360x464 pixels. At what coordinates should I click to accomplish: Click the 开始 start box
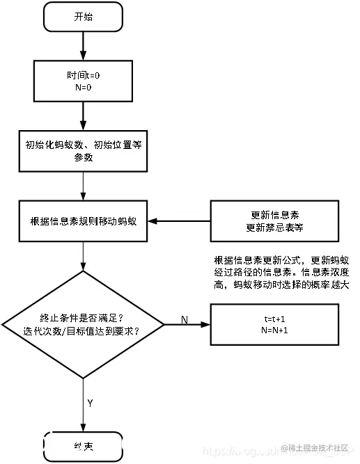(x=83, y=18)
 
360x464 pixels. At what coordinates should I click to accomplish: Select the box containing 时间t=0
(x=83, y=79)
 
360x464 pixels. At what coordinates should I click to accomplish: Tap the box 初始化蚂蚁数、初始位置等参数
(x=83, y=151)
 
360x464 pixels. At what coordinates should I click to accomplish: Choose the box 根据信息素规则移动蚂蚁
(x=83, y=221)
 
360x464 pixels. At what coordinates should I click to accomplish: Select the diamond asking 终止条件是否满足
(x=83, y=324)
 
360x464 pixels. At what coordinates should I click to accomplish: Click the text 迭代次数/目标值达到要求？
(x=83, y=331)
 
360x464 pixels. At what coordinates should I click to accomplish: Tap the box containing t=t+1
(x=275, y=323)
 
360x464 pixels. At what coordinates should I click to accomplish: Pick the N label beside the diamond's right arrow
(x=185, y=319)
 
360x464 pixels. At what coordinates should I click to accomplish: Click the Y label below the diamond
(x=90, y=402)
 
